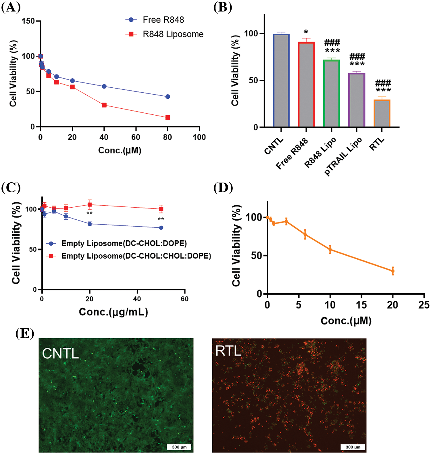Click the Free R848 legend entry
click(163, 20)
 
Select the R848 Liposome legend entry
click(173, 34)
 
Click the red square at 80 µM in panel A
click(168, 118)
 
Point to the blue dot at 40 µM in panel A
click(104, 87)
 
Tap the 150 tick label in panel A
click(28, 21)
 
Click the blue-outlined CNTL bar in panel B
click(281, 81)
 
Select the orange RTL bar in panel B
click(382, 113)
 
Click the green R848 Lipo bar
click(332, 93)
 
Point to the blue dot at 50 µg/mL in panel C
click(161, 228)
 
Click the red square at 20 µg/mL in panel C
click(90, 205)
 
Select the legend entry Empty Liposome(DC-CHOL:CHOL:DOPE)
click(136, 256)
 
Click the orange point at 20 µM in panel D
click(393, 271)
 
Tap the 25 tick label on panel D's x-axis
click(424, 305)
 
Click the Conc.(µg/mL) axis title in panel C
click(113, 312)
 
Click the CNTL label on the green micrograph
click(60, 354)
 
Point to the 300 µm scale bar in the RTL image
click(353, 447)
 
